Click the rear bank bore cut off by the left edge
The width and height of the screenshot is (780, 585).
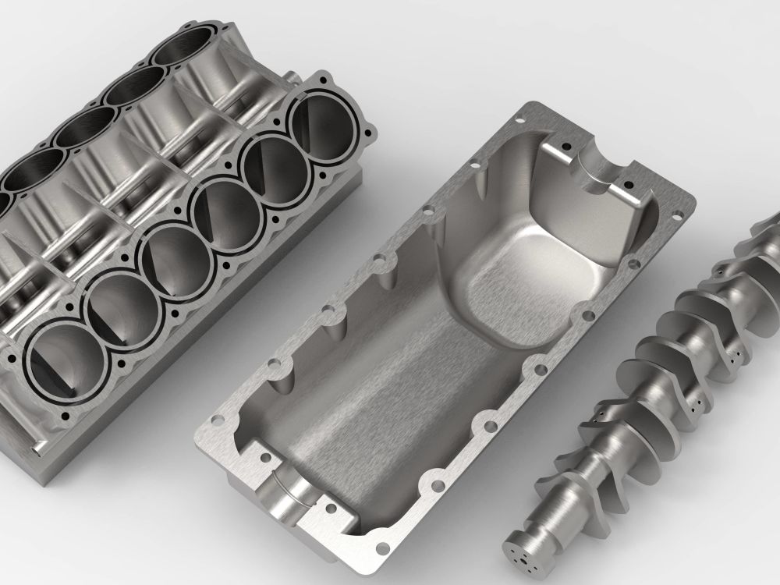click(x=6, y=204)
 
